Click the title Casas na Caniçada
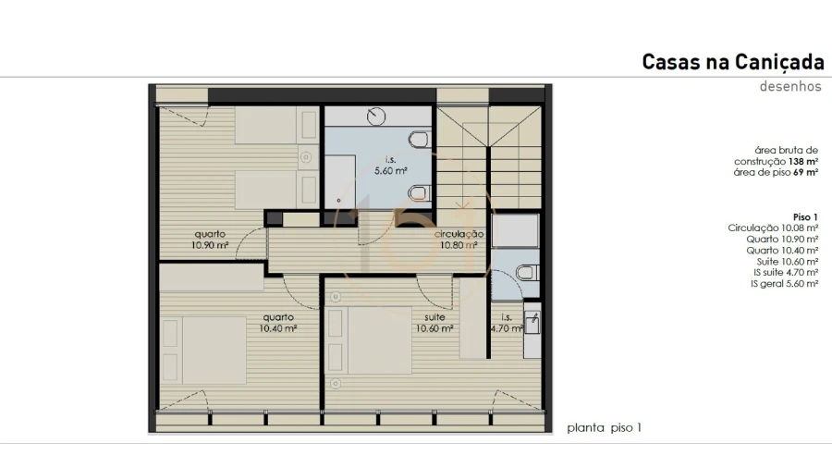(732, 62)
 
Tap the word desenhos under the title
(790, 87)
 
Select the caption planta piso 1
(604, 427)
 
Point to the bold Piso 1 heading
(805, 216)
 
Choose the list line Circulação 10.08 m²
(773, 228)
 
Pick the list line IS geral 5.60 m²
(784, 284)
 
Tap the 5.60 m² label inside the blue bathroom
(390, 171)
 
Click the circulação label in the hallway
(459, 235)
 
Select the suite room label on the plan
(434, 316)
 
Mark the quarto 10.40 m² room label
(276, 323)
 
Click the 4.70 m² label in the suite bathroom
(506, 326)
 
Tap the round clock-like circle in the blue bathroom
(377, 117)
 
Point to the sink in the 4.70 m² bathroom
(533, 322)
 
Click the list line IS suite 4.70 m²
(785, 273)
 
